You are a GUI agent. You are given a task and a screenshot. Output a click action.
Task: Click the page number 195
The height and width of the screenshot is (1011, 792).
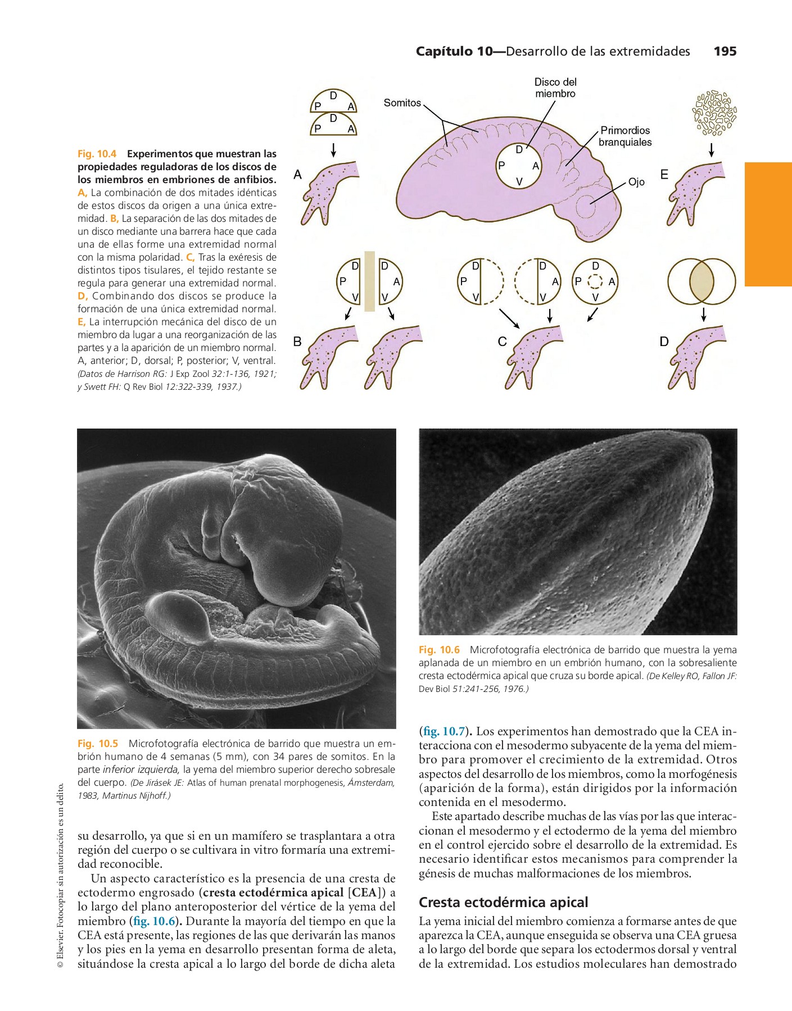pyautogui.click(x=725, y=52)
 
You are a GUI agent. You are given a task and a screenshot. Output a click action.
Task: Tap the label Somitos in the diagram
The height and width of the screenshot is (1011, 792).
pyautogui.click(x=402, y=103)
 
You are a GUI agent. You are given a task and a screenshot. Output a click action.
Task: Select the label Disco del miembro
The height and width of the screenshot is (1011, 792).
pyautogui.click(x=555, y=88)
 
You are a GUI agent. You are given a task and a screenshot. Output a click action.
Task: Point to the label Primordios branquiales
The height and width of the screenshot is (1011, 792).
pyautogui.click(x=624, y=136)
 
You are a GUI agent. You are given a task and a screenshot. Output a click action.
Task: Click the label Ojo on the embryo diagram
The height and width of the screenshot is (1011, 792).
pyautogui.click(x=636, y=182)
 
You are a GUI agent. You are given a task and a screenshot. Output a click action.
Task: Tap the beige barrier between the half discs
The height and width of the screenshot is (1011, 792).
pyautogui.click(x=369, y=281)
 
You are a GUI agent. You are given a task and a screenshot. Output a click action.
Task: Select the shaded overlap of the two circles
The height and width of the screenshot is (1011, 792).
pyautogui.click(x=702, y=281)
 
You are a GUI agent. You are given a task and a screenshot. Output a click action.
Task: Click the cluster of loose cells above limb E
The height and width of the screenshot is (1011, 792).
pyautogui.click(x=714, y=113)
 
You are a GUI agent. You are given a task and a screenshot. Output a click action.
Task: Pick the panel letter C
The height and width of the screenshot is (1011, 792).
pyautogui.click(x=502, y=341)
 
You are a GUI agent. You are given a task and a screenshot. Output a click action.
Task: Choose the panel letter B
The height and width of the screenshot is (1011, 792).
pyautogui.click(x=297, y=341)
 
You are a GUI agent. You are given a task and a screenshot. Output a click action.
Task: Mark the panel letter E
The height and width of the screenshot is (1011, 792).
pyautogui.click(x=664, y=175)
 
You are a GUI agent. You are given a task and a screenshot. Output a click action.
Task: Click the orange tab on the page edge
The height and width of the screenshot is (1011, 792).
pyautogui.click(x=768, y=224)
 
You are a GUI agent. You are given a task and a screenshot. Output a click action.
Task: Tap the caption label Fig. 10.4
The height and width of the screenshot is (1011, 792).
pyautogui.click(x=97, y=154)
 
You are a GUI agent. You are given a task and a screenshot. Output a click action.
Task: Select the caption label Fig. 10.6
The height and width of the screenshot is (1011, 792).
pyautogui.click(x=439, y=650)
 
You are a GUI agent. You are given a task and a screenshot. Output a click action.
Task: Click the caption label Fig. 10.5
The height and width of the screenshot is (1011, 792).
pyautogui.click(x=98, y=744)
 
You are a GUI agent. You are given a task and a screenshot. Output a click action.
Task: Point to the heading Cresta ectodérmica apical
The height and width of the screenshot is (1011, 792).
pyautogui.click(x=503, y=903)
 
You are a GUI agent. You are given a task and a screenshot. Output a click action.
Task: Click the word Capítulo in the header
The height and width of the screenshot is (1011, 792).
pyautogui.click(x=445, y=52)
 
